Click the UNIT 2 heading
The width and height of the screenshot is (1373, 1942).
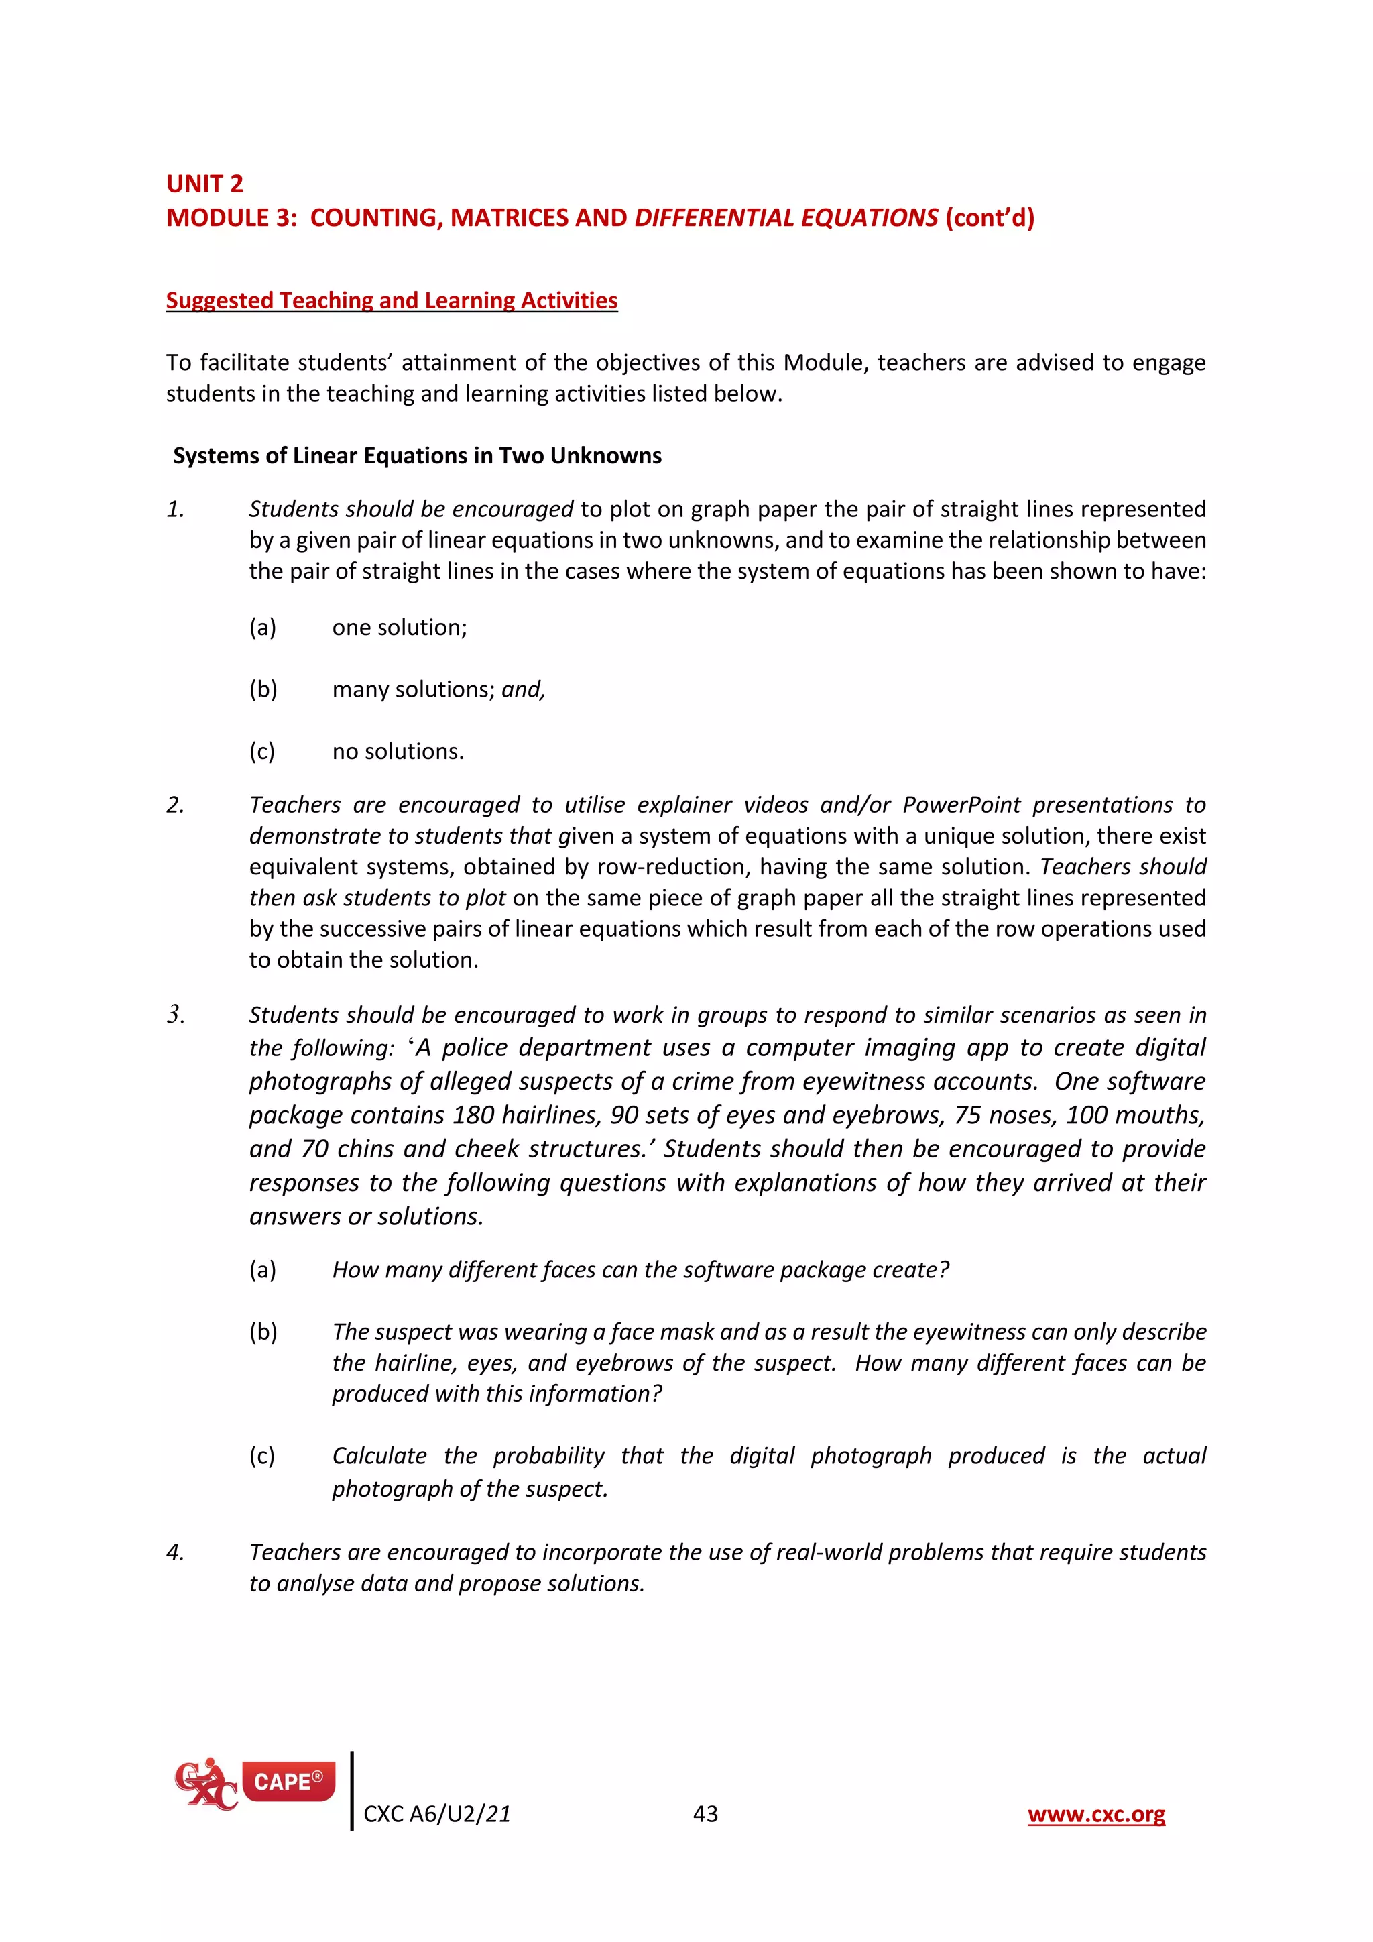[x=204, y=184]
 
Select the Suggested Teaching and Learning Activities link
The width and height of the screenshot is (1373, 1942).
[x=392, y=300]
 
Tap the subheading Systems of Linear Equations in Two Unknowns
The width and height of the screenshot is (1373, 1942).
[x=417, y=456]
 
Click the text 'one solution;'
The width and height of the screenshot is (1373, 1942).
[x=399, y=628]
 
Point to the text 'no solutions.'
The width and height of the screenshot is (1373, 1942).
[x=398, y=752]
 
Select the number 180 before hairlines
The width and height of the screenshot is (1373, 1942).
[x=473, y=1116]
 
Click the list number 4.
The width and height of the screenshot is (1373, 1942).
[x=175, y=1553]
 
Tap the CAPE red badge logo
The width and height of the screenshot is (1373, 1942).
[x=288, y=1782]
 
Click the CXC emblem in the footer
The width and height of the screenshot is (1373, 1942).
[x=204, y=1784]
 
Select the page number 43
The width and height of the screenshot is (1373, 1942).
[x=705, y=1815]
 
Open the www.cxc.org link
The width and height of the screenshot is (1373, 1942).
[x=1095, y=1815]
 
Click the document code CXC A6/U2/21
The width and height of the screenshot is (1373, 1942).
[x=436, y=1815]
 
